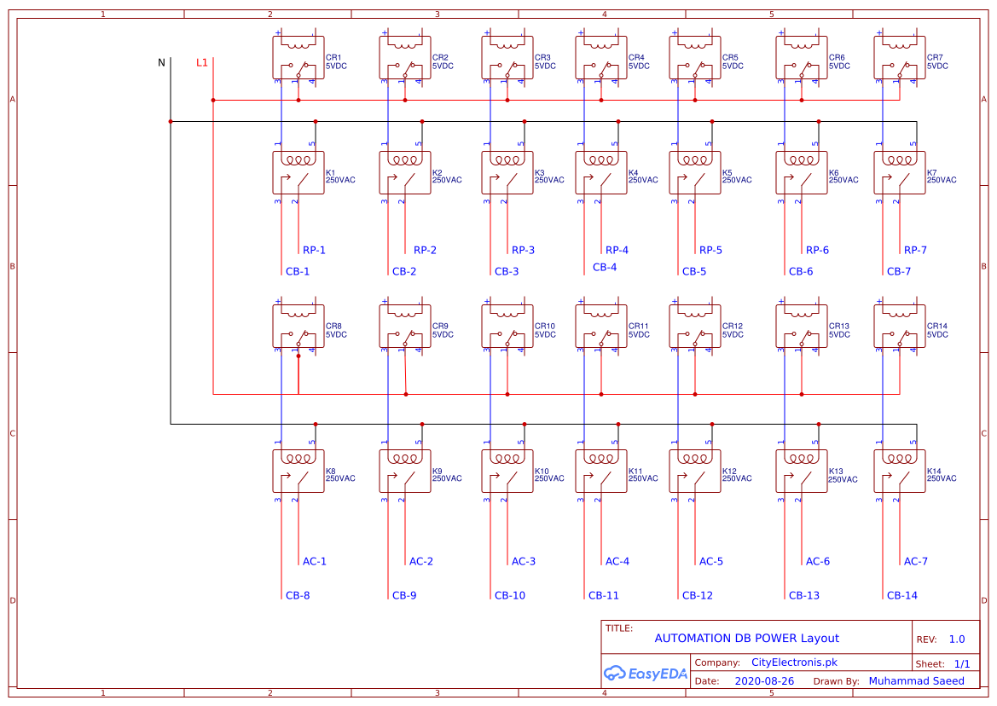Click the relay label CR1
(x=333, y=58)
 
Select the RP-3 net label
(x=523, y=251)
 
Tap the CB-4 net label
(x=604, y=268)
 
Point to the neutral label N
(x=161, y=62)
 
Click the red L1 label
(x=201, y=62)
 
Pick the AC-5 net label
(x=710, y=562)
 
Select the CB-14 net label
(x=901, y=596)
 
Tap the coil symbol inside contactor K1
(x=298, y=160)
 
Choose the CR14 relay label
(x=936, y=327)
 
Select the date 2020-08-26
(x=763, y=682)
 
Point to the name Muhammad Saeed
(x=916, y=681)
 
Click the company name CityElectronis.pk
(x=794, y=663)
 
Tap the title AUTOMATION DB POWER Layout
(x=746, y=639)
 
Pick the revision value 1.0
(x=956, y=639)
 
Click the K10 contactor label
(x=542, y=472)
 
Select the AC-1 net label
(x=314, y=562)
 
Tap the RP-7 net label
(x=915, y=251)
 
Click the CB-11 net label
(x=603, y=596)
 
